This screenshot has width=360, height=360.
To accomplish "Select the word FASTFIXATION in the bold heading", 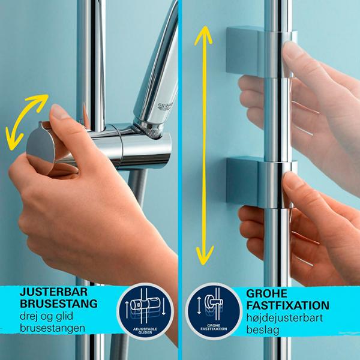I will tap(287, 305).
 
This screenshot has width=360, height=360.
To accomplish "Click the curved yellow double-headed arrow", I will tap(25, 118).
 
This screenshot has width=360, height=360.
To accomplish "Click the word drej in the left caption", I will tap(30, 317).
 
